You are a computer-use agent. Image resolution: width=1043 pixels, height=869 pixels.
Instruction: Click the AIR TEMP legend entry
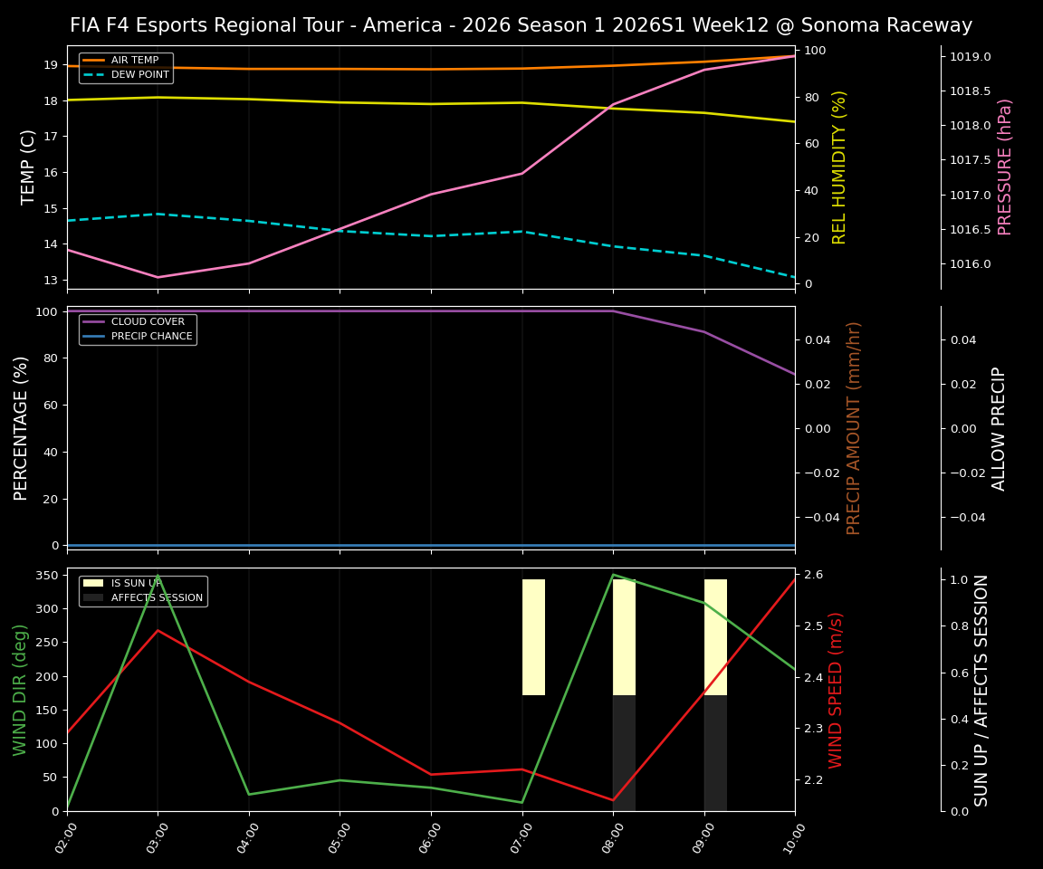pos(134,61)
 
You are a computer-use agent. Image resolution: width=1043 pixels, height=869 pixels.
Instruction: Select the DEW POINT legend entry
pos(139,75)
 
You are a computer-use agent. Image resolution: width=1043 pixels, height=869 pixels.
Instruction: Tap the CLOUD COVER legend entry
pos(148,322)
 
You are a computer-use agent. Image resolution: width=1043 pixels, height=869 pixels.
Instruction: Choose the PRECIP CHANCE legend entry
pos(151,337)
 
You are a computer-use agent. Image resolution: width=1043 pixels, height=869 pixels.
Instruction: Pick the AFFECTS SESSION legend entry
pos(157,597)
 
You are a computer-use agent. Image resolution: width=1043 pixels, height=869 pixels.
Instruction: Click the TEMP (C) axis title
pos(29,167)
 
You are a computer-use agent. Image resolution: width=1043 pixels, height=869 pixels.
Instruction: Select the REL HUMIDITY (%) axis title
pos(839,167)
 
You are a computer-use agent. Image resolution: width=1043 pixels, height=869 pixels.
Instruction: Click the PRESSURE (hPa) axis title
pos(1005,167)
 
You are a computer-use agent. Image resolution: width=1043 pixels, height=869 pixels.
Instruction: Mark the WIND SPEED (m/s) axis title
pos(836,690)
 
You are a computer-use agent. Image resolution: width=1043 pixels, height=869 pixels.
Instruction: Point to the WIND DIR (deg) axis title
pos(20,690)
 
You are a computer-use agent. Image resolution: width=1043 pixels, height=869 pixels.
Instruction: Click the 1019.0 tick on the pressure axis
pos(970,57)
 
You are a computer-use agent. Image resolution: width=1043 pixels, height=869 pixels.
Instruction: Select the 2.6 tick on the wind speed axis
pos(813,575)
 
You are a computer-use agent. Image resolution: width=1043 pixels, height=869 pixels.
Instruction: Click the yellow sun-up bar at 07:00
pos(533,637)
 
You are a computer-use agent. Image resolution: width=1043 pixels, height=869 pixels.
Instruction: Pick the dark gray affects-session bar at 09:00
pos(715,753)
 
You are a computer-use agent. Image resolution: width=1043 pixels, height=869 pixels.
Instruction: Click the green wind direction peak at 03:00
pos(158,576)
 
